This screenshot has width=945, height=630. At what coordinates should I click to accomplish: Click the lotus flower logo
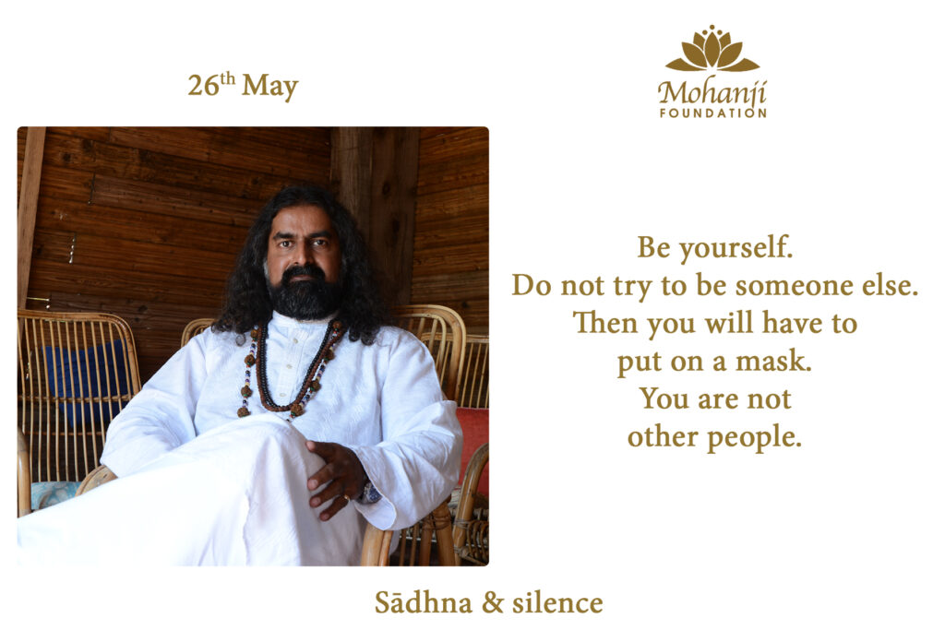coord(712,49)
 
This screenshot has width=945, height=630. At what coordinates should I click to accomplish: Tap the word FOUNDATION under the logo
coord(712,113)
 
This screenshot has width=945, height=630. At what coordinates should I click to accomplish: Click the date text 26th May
coord(243,86)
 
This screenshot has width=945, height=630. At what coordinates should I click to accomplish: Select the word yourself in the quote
coord(736,247)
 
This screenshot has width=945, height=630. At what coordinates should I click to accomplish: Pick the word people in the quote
coord(754,438)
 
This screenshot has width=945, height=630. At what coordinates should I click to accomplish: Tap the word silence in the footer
coord(556,602)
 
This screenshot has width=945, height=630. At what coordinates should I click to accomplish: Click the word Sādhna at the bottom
coord(423,601)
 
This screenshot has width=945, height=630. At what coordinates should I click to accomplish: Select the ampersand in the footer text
coord(493,603)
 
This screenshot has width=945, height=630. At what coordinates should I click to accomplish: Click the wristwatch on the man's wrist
coord(369,492)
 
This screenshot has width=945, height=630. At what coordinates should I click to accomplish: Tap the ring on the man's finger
coord(346,497)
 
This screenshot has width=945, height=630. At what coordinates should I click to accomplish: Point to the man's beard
coord(305,294)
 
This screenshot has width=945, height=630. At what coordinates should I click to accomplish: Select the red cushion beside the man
coord(474,443)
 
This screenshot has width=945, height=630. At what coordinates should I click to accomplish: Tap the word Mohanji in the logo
coord(712,93)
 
